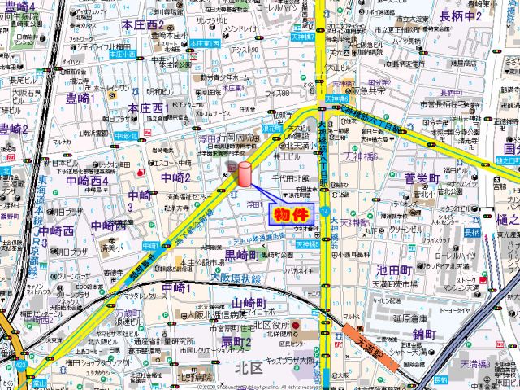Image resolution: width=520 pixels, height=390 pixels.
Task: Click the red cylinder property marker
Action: [244, 175]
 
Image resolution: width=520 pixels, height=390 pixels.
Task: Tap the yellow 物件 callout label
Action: [289, 216]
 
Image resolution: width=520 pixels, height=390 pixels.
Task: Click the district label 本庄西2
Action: [145, 25]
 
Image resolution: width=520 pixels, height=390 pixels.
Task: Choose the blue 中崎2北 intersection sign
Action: [123, 135]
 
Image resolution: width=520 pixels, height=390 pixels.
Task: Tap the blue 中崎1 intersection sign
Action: [149, 244]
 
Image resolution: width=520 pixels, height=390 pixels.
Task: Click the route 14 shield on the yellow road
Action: [325, 211]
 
